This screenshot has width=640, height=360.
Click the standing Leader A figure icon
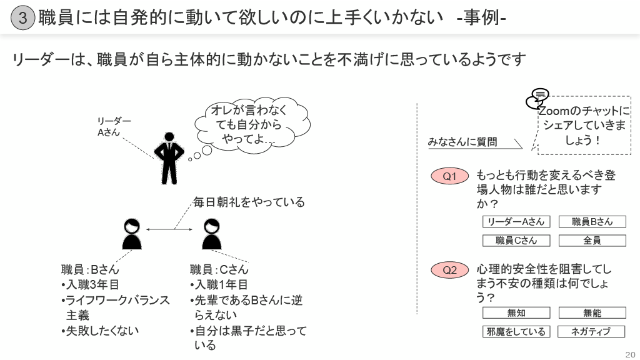click(169, 158)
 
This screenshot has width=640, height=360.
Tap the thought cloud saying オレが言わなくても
click(252, 126)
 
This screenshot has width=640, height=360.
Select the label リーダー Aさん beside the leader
click(113, 126)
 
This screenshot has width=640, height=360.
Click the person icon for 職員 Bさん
click(131, 234)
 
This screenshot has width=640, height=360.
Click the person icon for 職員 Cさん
click(212, 234)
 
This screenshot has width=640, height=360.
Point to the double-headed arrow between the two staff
click(169, 230)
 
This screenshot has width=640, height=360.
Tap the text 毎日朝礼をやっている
click(249, 202)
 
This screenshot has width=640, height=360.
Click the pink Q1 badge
click(450, 176)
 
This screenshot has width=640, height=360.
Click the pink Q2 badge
click(450, 270)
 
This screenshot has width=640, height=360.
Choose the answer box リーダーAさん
click(516, 222)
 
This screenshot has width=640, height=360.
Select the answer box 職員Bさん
click(592, 222)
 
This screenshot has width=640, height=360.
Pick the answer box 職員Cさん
click(516, 241)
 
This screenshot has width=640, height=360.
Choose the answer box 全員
click(592, 241)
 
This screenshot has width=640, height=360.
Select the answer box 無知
click(516, 313)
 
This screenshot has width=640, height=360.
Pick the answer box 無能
click(592, 313)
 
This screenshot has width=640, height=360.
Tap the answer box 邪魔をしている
click(516, 332)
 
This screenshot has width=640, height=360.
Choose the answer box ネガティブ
click(591, 332)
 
